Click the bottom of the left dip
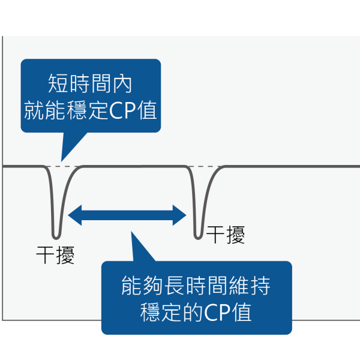pyautogui.click(x=56, y=235)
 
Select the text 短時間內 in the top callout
pyautogui.click(x=90, y=83)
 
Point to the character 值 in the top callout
pyautogui.click(x=147, y=110)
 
